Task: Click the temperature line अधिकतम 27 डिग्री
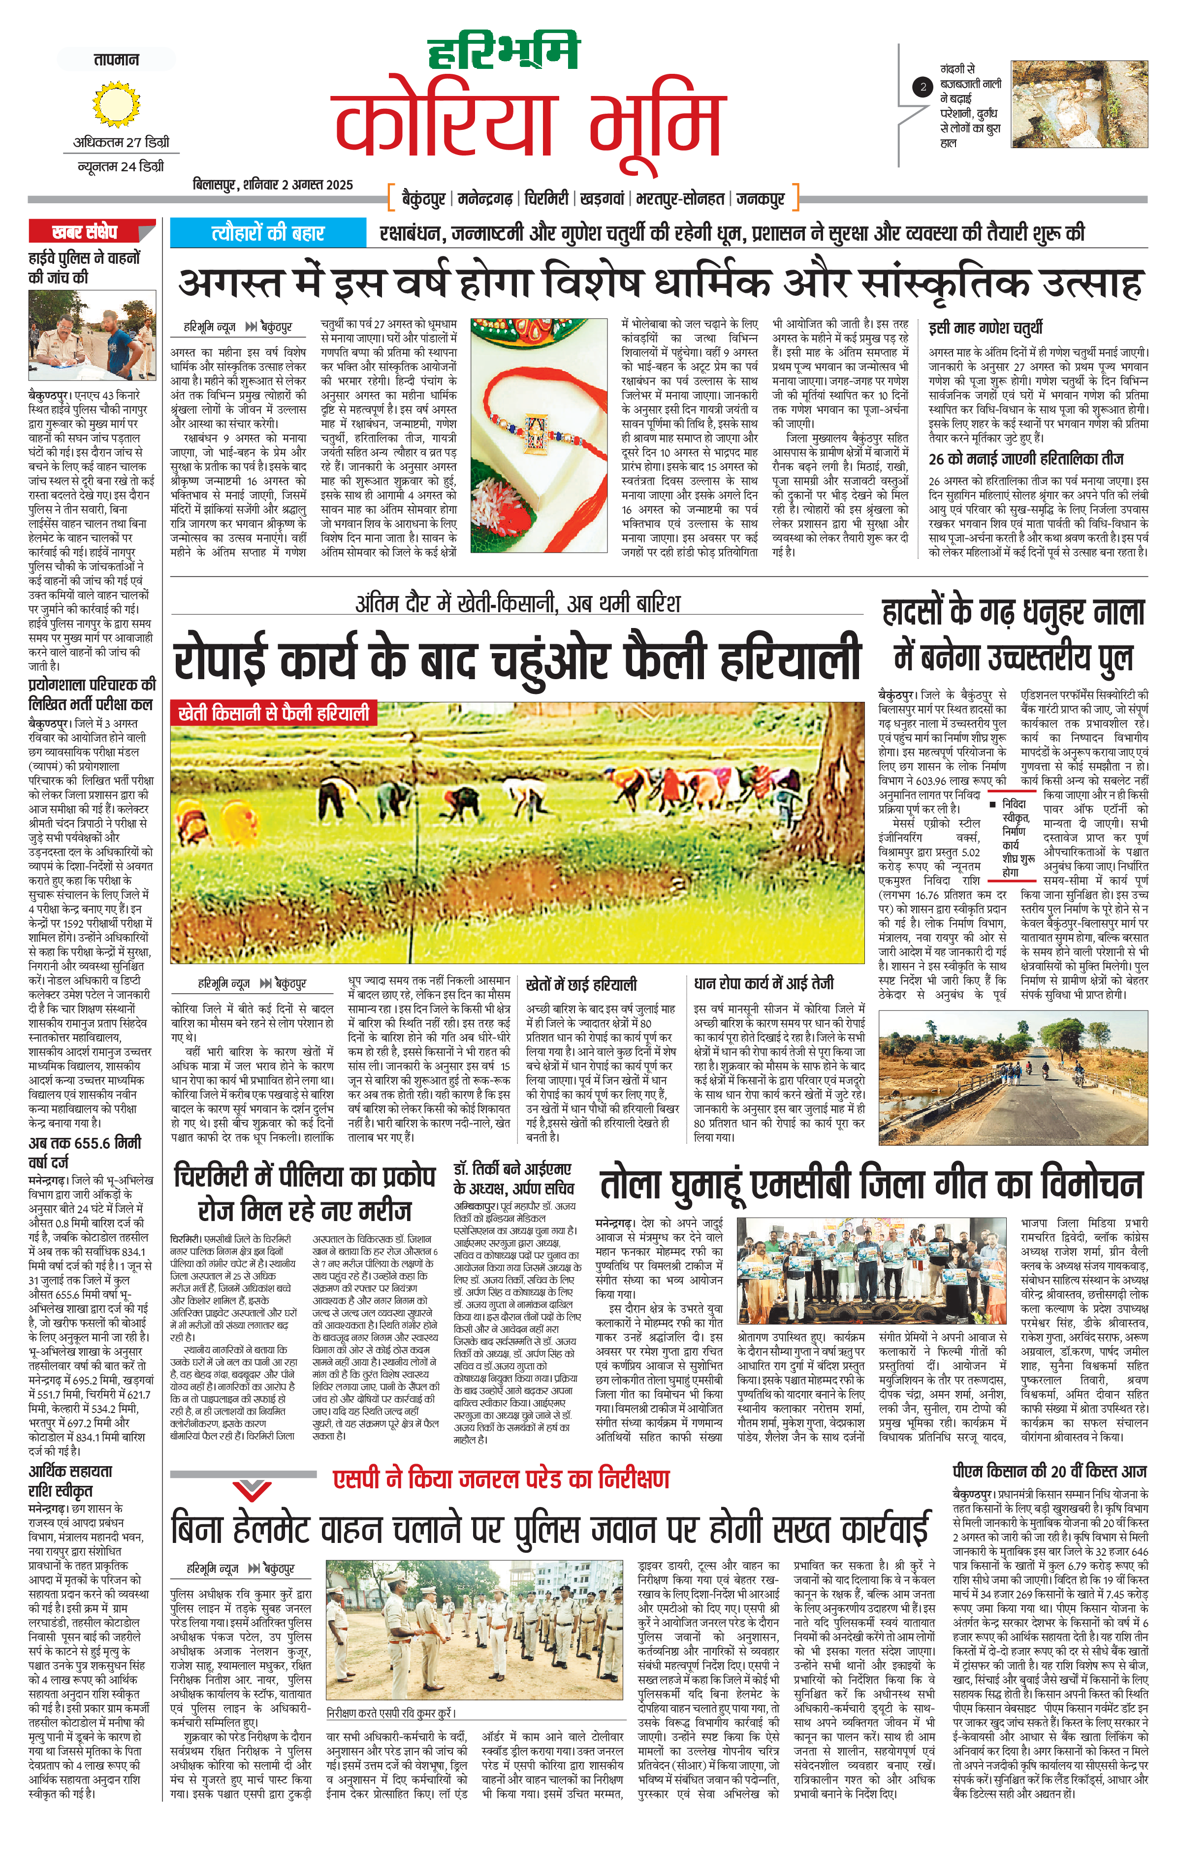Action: point(121,142)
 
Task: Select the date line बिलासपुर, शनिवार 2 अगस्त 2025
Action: point(273,185)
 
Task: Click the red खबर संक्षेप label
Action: point(85,231)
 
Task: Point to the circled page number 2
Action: point(923,87)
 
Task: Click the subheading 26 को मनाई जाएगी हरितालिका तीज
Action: point(1025,459)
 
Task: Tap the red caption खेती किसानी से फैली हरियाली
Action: point(273,713)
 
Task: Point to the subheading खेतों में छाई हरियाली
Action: point(581,984)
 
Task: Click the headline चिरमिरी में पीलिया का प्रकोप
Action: point(304,1177)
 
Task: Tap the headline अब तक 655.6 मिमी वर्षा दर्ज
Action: point(85,1152)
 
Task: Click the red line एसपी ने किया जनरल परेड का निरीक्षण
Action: point(501,1479)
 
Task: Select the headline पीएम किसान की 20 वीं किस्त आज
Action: point(1049,1471)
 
